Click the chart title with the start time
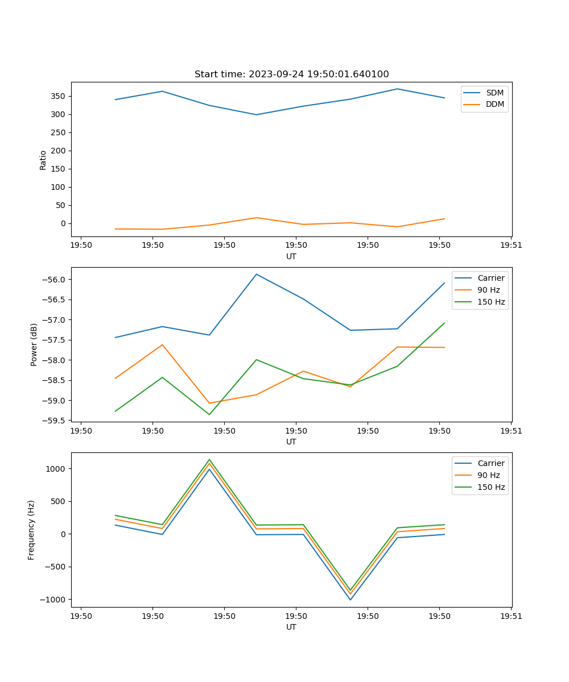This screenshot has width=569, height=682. click(291, 74)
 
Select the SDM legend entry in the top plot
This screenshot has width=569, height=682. click(494, 93)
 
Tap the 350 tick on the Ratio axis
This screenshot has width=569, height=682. click(59, 96)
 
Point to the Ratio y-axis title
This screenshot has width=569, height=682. click(43, 160)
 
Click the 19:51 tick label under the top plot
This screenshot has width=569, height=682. click(510, 246)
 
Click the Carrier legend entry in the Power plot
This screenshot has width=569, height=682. click(490, 278)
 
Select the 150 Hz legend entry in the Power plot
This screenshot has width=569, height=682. click(490, 302)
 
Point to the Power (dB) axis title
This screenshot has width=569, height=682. click(34, 344)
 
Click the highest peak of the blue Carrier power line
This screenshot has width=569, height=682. click(257, 275)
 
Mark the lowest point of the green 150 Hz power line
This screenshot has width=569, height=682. click(209, 414)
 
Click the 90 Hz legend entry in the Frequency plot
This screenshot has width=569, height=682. click(488, 475)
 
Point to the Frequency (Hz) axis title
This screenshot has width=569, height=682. click(31, 530)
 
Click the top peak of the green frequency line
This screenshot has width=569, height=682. click(209, 460)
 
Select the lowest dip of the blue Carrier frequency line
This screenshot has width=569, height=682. click(351, 600)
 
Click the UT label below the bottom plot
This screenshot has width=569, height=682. click(291, 627)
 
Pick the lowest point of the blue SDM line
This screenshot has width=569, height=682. click(257, 115)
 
